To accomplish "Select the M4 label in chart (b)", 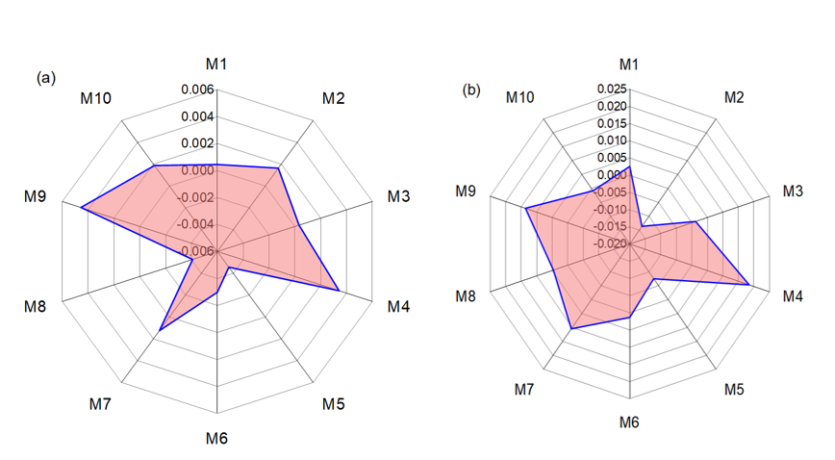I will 792,296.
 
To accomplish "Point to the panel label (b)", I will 471,89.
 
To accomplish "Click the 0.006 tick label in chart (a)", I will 195,89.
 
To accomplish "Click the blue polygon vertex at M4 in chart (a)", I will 339,290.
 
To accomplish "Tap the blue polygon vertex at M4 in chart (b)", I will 749,284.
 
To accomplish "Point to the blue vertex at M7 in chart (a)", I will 160,331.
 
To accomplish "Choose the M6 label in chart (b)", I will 629,422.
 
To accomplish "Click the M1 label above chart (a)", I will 216,64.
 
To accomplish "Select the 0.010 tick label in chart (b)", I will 609,141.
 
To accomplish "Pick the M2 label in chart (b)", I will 734,98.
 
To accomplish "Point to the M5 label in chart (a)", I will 333,403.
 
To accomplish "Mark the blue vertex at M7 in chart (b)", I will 571,329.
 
